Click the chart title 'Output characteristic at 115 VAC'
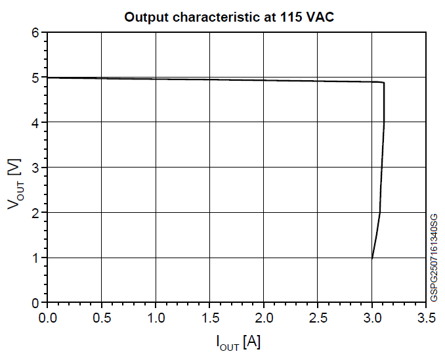229,17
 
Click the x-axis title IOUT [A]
238,342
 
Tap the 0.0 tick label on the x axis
48,318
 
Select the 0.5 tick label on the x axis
102,318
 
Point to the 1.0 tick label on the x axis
156,318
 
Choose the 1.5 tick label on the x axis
210,318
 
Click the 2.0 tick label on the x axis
264,318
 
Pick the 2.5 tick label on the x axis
318,318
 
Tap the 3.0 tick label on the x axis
372,318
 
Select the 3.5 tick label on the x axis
426,318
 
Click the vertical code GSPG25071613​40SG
434,258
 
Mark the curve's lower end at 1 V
372,258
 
